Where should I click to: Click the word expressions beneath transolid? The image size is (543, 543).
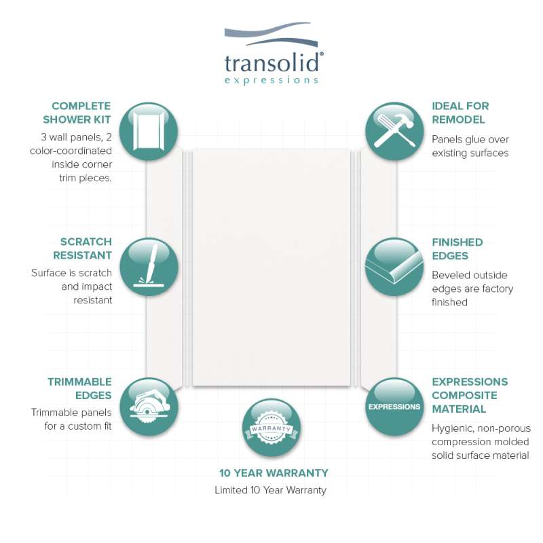tap(271, 80)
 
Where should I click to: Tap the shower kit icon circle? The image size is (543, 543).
tap(149, 131)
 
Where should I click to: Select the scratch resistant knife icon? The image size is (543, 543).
tap(149, 267)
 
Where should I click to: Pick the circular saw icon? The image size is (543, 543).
tap(149, 407)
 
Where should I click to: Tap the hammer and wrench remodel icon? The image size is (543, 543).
tap(394, 131)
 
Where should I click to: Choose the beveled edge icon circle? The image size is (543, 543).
tap(394, 267)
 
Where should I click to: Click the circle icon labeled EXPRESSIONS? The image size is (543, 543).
tap(394, 407)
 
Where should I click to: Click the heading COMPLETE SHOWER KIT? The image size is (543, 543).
tap(81, 113)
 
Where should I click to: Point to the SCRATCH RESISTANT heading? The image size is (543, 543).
tap(86, 249)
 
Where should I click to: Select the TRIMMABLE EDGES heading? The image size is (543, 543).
tap(79, 389)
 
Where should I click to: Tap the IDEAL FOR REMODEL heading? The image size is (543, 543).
tap(460, 113)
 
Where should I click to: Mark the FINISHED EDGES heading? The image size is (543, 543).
tap(457, 249)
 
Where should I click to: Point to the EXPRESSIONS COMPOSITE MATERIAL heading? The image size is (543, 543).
tap(470, 395)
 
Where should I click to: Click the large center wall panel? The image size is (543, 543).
tap(271, 267)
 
